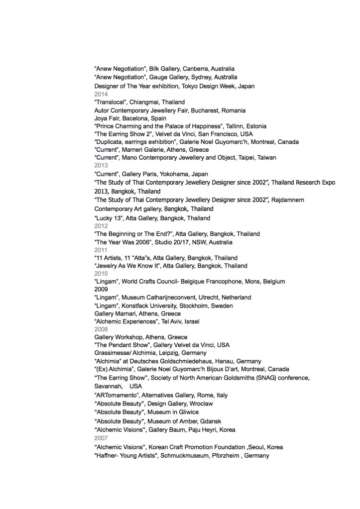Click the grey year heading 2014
click(x=101, y=94)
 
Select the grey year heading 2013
click(x=101, y=166)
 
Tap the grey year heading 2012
click(x=101, y=226)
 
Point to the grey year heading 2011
click(x=101, y=250)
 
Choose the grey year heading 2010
click(x=101, y=273)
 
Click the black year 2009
click(x=101, y=289)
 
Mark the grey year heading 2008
click(x=101, y=329)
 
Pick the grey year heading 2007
click(x=101, y=438)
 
